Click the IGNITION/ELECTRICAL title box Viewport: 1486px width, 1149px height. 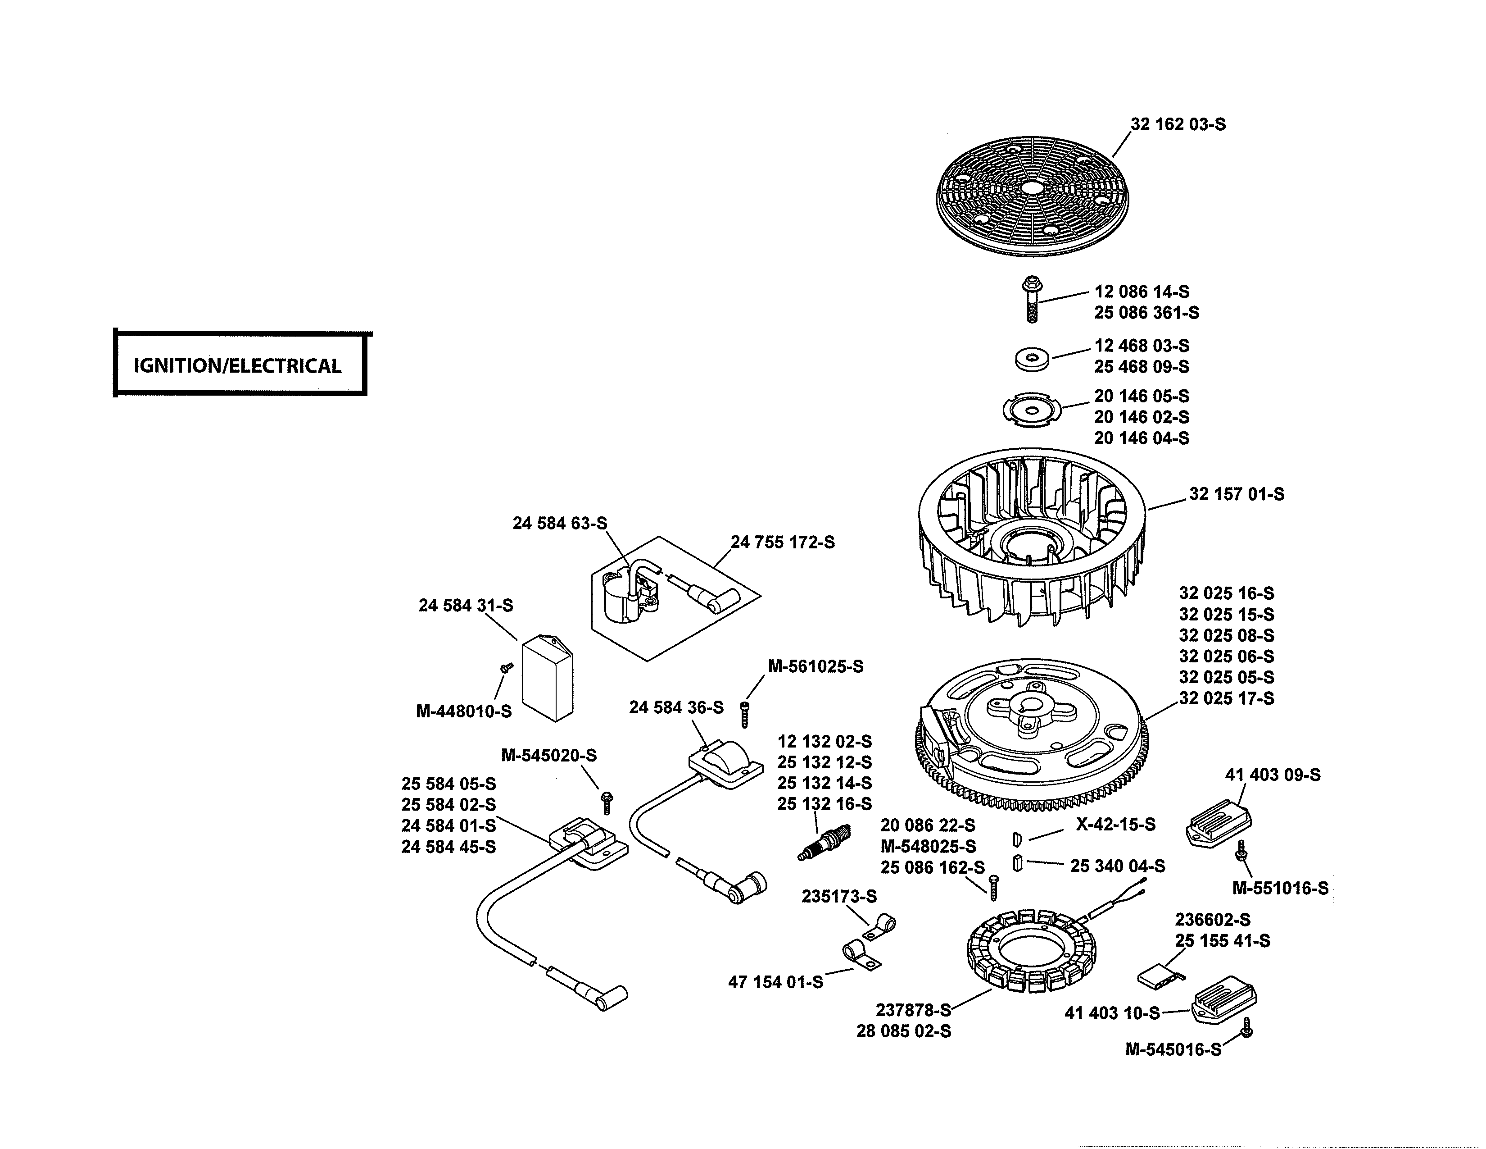pos(238,365)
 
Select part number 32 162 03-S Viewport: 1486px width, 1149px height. pos(1178,124)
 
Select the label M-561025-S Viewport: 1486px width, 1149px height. pos(815,666)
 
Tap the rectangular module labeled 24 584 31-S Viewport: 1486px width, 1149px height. pos(546,677)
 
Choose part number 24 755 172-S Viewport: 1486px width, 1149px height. pos(783,543)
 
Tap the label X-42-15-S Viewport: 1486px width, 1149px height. pos(1115,824)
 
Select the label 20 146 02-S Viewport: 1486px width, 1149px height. pos(1141,417)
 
